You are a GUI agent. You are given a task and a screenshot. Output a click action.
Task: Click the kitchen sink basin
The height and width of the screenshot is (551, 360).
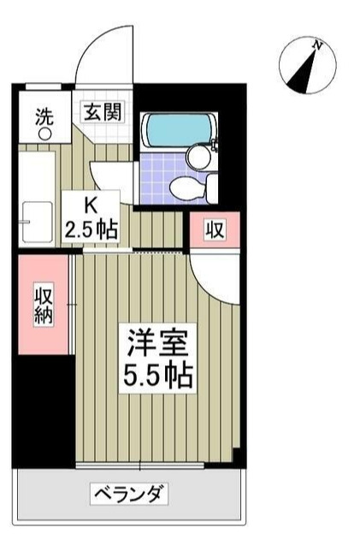tap(37, 220)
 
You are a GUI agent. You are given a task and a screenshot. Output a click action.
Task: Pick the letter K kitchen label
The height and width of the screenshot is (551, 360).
tap(88, 206)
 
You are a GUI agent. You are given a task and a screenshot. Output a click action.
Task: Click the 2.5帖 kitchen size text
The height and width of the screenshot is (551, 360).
tap(90, 228)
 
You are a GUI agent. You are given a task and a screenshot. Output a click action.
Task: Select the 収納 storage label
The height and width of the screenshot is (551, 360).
tap(43, 305)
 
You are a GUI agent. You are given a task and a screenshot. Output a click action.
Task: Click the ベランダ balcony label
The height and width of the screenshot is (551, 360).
tap(128, 494)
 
